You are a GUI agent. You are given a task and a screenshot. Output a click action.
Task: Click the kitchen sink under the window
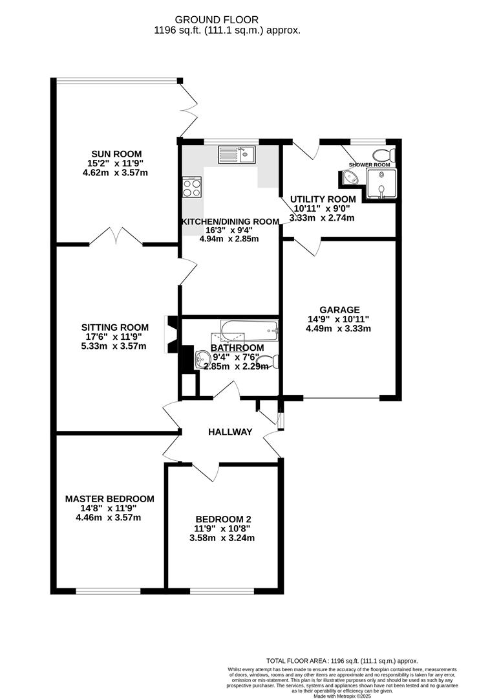tap(237, 154)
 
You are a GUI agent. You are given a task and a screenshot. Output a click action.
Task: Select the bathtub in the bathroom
tap(249, 331)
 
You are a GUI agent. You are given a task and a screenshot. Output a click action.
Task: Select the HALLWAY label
tap(230, 432)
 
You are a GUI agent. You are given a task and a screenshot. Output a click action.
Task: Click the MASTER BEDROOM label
tap(109, 498)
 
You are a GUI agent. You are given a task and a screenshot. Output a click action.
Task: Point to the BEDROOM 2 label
tap(223, 519)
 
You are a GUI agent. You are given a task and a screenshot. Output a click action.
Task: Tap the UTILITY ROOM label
tap(323, 199)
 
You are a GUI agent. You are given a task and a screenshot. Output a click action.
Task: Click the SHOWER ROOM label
tap(369, 165)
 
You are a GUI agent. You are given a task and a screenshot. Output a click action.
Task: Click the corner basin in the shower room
tap(343, 177)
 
